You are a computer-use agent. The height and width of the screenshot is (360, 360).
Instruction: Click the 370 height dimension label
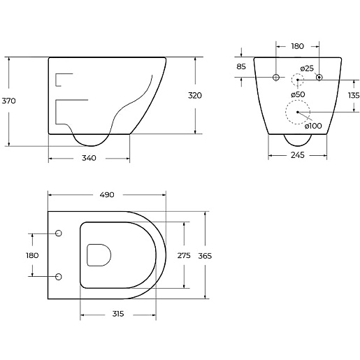pos(8,101)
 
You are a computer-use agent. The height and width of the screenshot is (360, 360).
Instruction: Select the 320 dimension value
pos(195,96)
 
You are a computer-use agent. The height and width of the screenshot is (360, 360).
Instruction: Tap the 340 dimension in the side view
pos(89,158)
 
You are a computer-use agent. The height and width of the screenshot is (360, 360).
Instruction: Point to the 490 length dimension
pos(107,194)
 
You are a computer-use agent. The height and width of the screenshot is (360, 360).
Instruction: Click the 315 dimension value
pos(118,314)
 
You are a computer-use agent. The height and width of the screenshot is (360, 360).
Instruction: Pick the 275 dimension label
pos(184,256)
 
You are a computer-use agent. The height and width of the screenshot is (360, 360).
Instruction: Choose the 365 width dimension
pos(205,256)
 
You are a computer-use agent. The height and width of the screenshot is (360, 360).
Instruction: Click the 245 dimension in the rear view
pos(298,155)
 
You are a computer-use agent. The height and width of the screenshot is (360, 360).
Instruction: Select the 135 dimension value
pos(354,95)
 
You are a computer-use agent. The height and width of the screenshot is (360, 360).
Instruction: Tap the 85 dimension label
pos(241,66)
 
